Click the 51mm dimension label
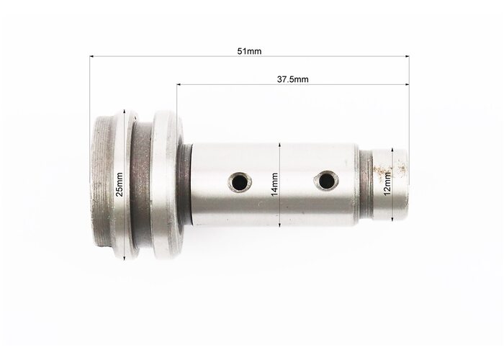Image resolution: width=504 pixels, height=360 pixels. tap(249, 51)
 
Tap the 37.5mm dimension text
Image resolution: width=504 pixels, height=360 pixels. tap(292, 79)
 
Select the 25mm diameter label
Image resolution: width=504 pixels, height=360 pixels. tap(120, 184)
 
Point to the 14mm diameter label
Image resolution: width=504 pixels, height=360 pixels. tap(274, 184)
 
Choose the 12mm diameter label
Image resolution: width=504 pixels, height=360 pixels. tap(387, 184)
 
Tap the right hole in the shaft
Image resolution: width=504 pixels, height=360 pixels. tap(326, 180)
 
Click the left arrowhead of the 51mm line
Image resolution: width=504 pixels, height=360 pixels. tap(91, 57)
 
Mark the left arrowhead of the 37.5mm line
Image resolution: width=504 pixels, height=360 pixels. tap(179, 84)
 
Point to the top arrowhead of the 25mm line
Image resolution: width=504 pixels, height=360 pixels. tap(124, 111)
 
